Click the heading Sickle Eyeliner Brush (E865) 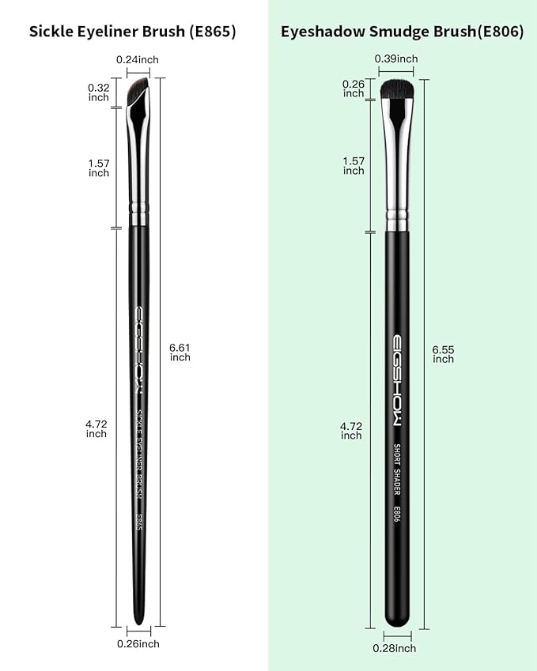pyautogui.click(x=133, y=32)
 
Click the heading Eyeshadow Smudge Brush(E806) pyautogui.click(x=402, y=32)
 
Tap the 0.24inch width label pyautogui.click(x=138, y=59)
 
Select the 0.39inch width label pyautogui.click(x=395, y=58)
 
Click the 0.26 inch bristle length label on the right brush pyautogui.click(x=354, y=89)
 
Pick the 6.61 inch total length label pyautogui.click(x=180, y=352)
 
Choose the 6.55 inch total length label pyautogui.click(x=443, y=353)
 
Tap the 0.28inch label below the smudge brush pyautogui.click(x=395, y=648)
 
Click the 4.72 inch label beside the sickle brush pyautogui.click(x=96, y=428)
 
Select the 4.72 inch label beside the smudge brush pyautogui.click(x=351, y=431)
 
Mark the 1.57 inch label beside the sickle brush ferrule pyautogui.click(x=99, y=168)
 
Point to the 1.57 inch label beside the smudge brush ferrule pyautogui.click(x=354, y=166)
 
